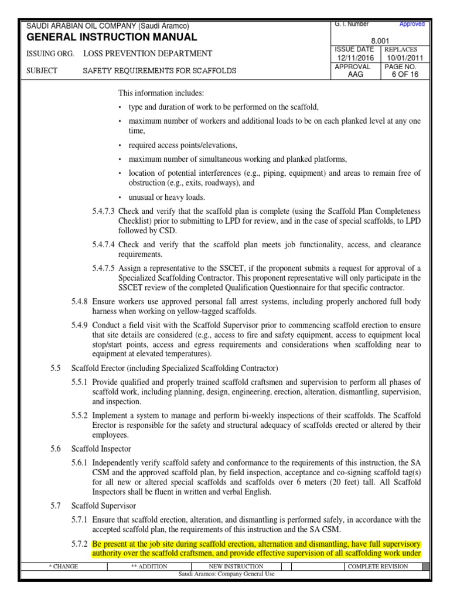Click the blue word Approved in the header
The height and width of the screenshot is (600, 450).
point(412,25)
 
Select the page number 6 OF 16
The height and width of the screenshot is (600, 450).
point(404,75)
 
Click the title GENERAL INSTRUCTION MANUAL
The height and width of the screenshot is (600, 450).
point(112,37)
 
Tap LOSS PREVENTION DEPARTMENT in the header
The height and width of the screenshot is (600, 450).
point(148,54)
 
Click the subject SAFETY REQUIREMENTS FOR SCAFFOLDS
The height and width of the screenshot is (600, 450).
point(159,71)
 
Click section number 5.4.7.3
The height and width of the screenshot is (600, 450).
point(104,210)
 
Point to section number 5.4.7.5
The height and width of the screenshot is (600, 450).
point(104,268)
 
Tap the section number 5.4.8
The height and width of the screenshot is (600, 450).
point(80,301)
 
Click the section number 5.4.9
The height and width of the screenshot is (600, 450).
point(80,325)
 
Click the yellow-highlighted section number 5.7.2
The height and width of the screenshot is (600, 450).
point(80,544)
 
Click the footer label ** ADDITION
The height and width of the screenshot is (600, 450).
point(149,567)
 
